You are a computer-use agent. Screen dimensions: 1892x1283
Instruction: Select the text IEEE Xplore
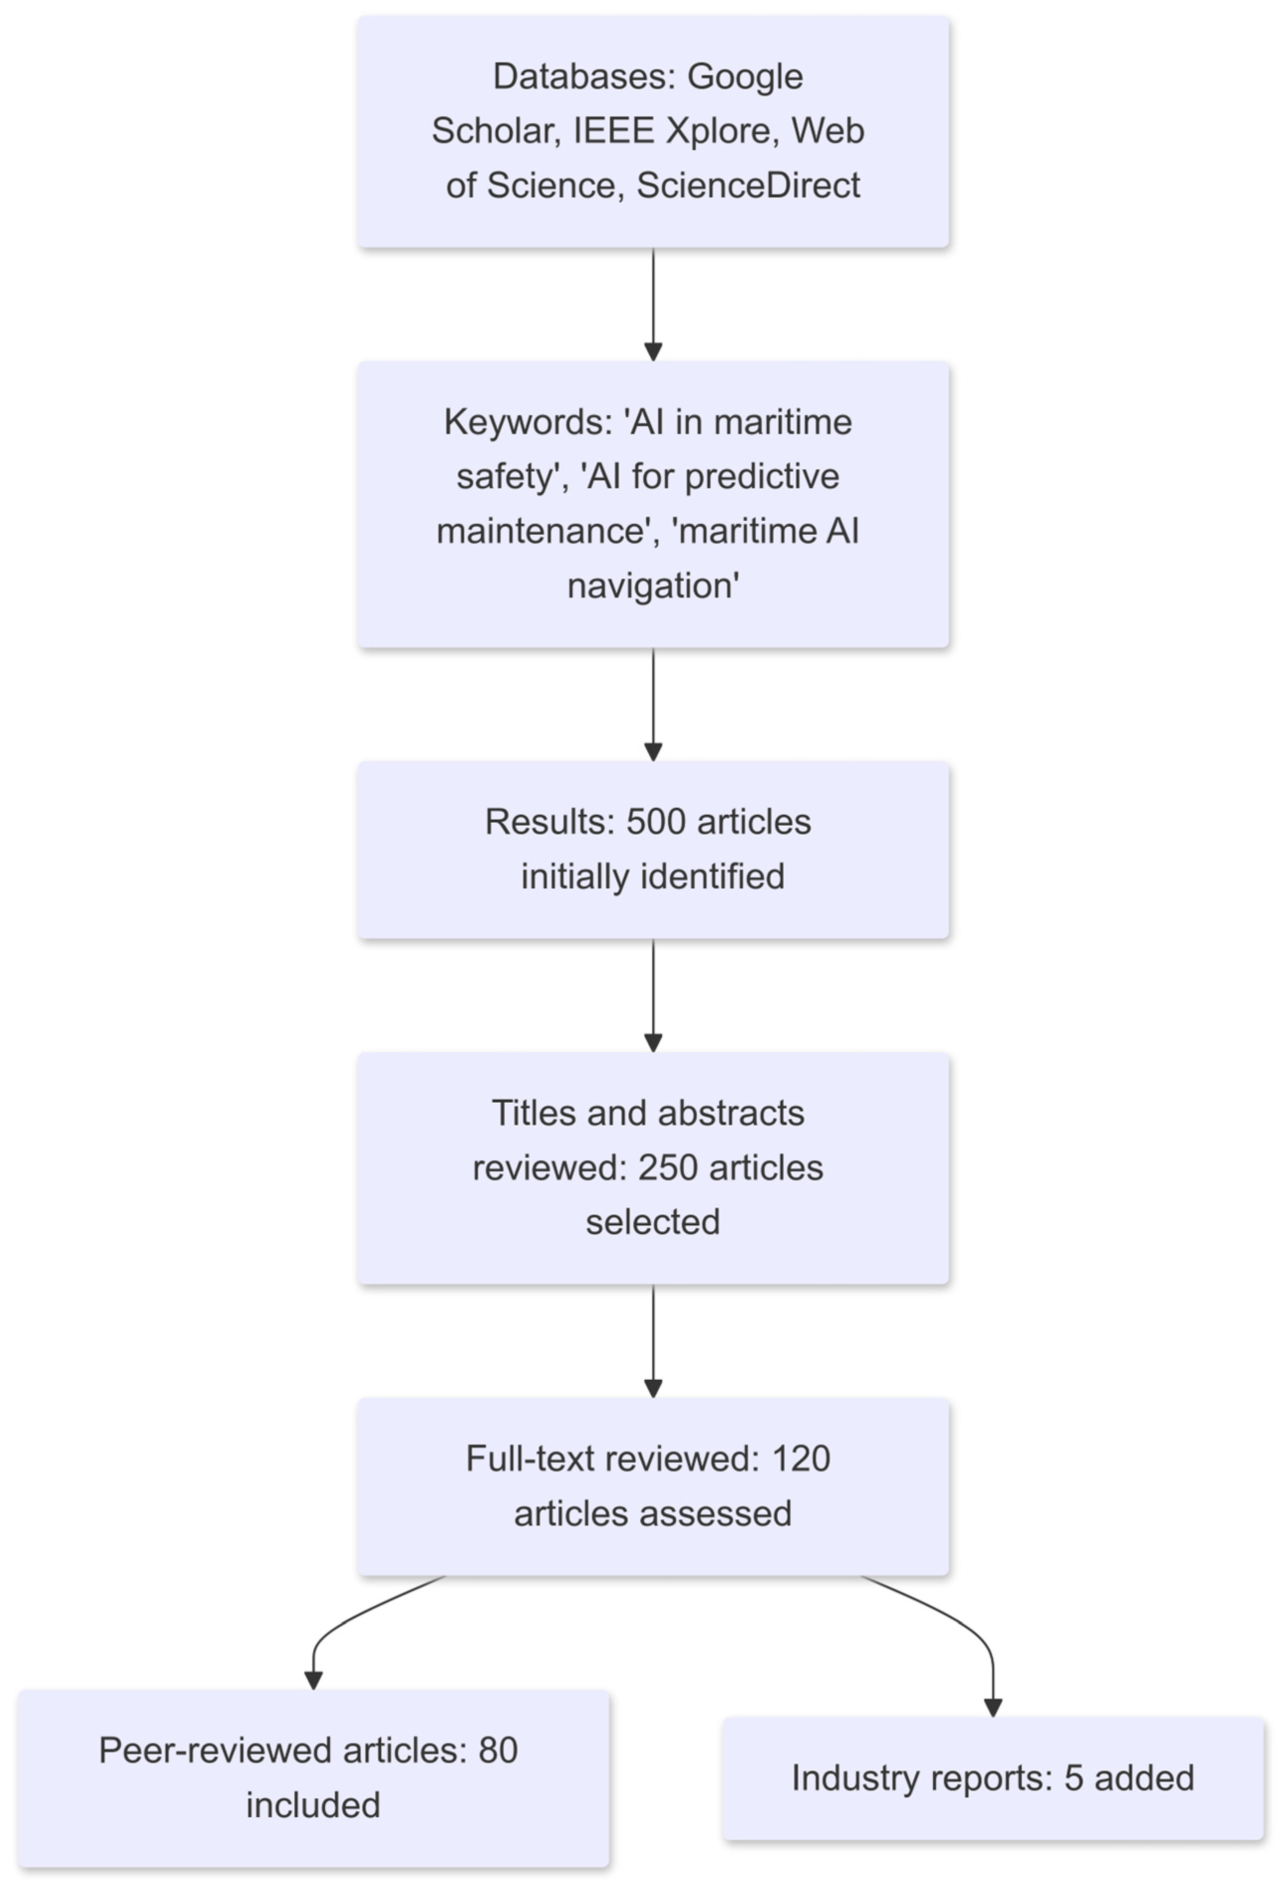(671, 131)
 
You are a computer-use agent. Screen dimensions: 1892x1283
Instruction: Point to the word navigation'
(652, 586)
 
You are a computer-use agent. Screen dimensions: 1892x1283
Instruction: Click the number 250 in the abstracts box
(668, 1168)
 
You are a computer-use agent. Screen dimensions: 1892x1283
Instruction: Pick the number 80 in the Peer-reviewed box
(497, 1750)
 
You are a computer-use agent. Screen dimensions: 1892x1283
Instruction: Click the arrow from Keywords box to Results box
(653, 704)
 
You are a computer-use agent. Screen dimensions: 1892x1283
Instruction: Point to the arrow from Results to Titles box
(653, 995)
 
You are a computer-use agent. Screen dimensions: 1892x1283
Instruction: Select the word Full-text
(531, 1459)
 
